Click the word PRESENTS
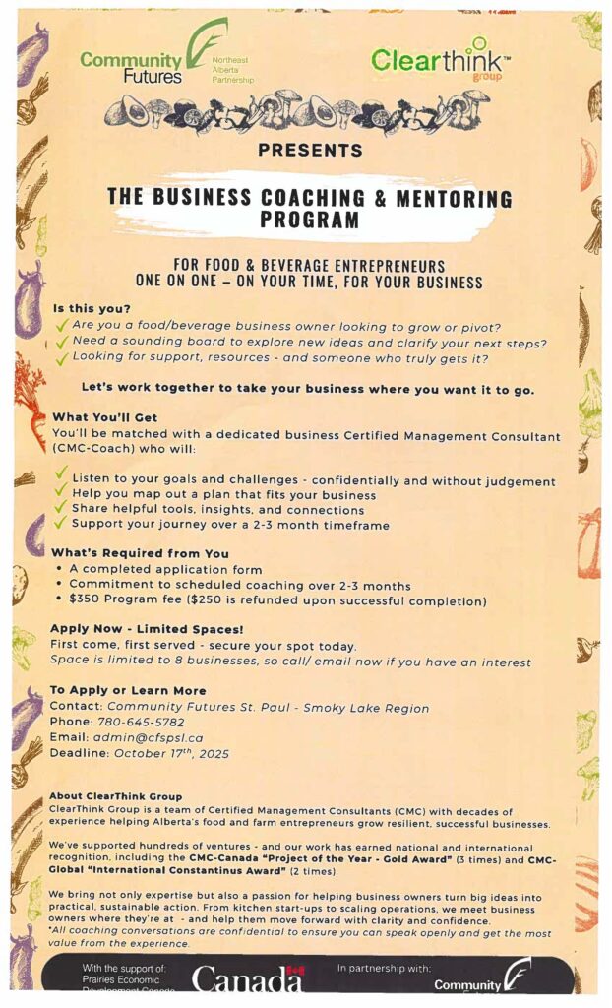coord(310,151)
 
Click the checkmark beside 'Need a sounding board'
coord(62,342)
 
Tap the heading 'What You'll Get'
coord(104,417)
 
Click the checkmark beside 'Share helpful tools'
coord(61,508)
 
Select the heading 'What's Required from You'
coord(140,552)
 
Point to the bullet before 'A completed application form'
coord(61,569)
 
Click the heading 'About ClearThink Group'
coord(115,795)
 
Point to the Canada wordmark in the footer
coord(247,979)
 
